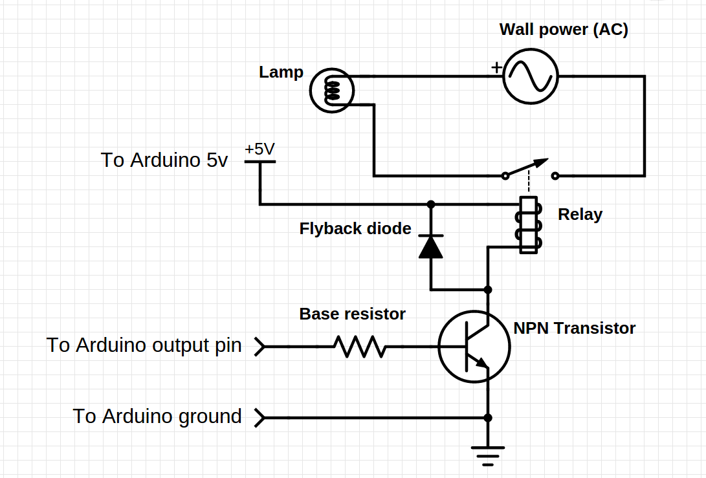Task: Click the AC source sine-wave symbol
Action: [531, 76]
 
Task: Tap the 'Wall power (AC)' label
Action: [563, 30]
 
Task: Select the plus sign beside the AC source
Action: [496, 67]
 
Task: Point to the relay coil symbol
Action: [529, 224]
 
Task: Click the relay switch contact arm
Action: [527, 168]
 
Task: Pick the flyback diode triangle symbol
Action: [431, 246]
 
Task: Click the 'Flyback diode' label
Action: [355, 228]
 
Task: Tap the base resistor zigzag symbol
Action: [360, 347]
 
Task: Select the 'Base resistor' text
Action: [352, 314]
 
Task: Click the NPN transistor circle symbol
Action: [474, 347]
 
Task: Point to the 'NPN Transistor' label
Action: [574, 329]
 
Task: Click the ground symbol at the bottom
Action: [488, 454]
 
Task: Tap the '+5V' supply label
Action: [259, 149]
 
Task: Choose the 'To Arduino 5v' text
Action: [164, 160]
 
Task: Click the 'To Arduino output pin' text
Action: [144, 345]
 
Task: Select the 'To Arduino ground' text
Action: [157, 416]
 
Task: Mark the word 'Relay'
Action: [580, 215]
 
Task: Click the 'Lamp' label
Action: [281, 72]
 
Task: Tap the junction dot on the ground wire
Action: [488, 418]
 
